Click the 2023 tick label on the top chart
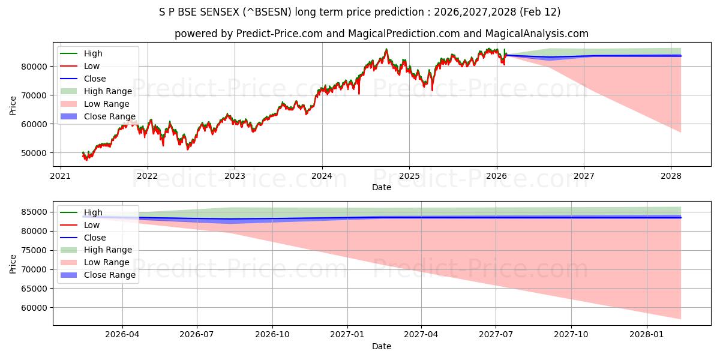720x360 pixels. (x=235, y=176)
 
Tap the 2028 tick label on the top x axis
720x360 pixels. (x=671, y=176)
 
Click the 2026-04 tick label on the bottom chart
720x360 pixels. (x=122, y=334)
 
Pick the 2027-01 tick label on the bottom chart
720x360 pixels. (x=347, y=334)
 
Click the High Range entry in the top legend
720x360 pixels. (x=107, y=91)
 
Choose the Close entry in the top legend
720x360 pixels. (x=95, y=79)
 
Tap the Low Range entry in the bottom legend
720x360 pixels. (x=106, y=262)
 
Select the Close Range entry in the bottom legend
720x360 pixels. (x=110, y=275)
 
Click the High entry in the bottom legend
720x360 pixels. (x=93, y=212)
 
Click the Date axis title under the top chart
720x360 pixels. (x=381, y=187)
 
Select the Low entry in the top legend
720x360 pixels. (x=92, y=66)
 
